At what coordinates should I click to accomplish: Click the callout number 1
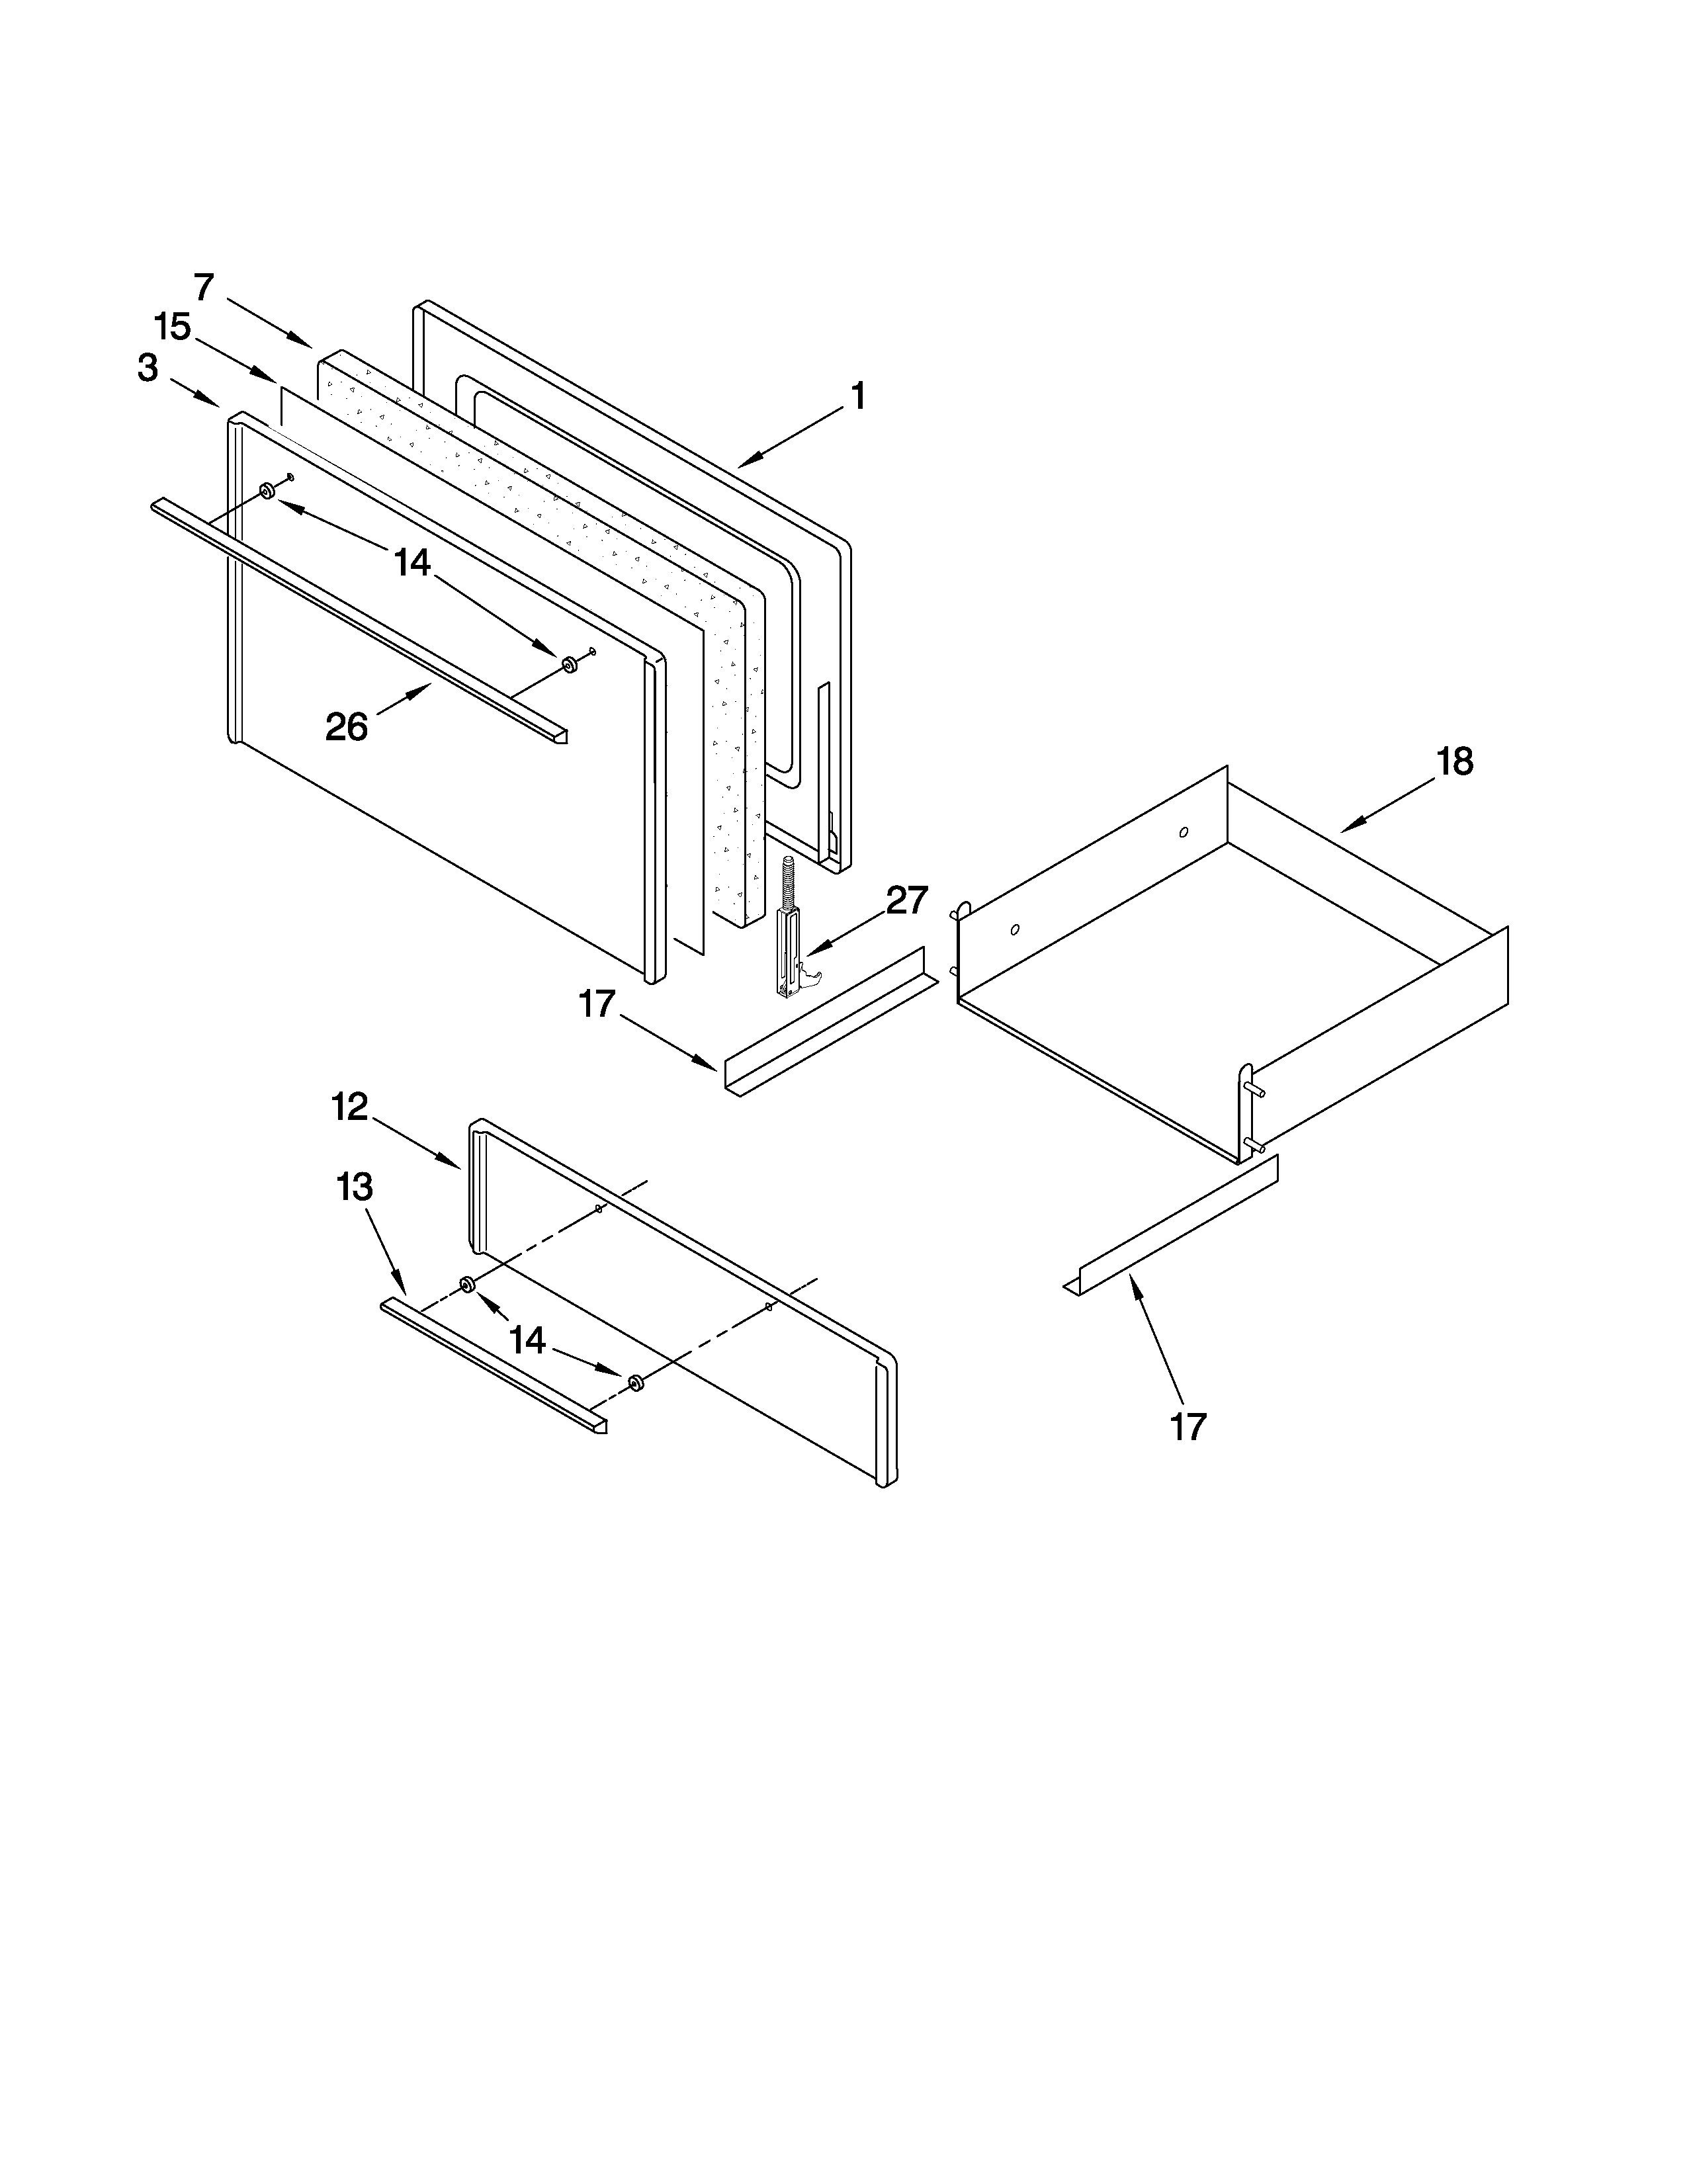point(857,397)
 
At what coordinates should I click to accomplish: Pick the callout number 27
point(906,900)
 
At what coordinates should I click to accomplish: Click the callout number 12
point(350,1107)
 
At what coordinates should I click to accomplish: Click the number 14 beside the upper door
point(411,564)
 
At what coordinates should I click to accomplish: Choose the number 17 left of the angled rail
point(597,1004)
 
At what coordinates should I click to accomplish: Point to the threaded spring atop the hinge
point(787,880)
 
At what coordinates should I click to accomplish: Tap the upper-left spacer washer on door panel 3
point(267,491)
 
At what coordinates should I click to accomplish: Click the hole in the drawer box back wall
point(1184,832)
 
